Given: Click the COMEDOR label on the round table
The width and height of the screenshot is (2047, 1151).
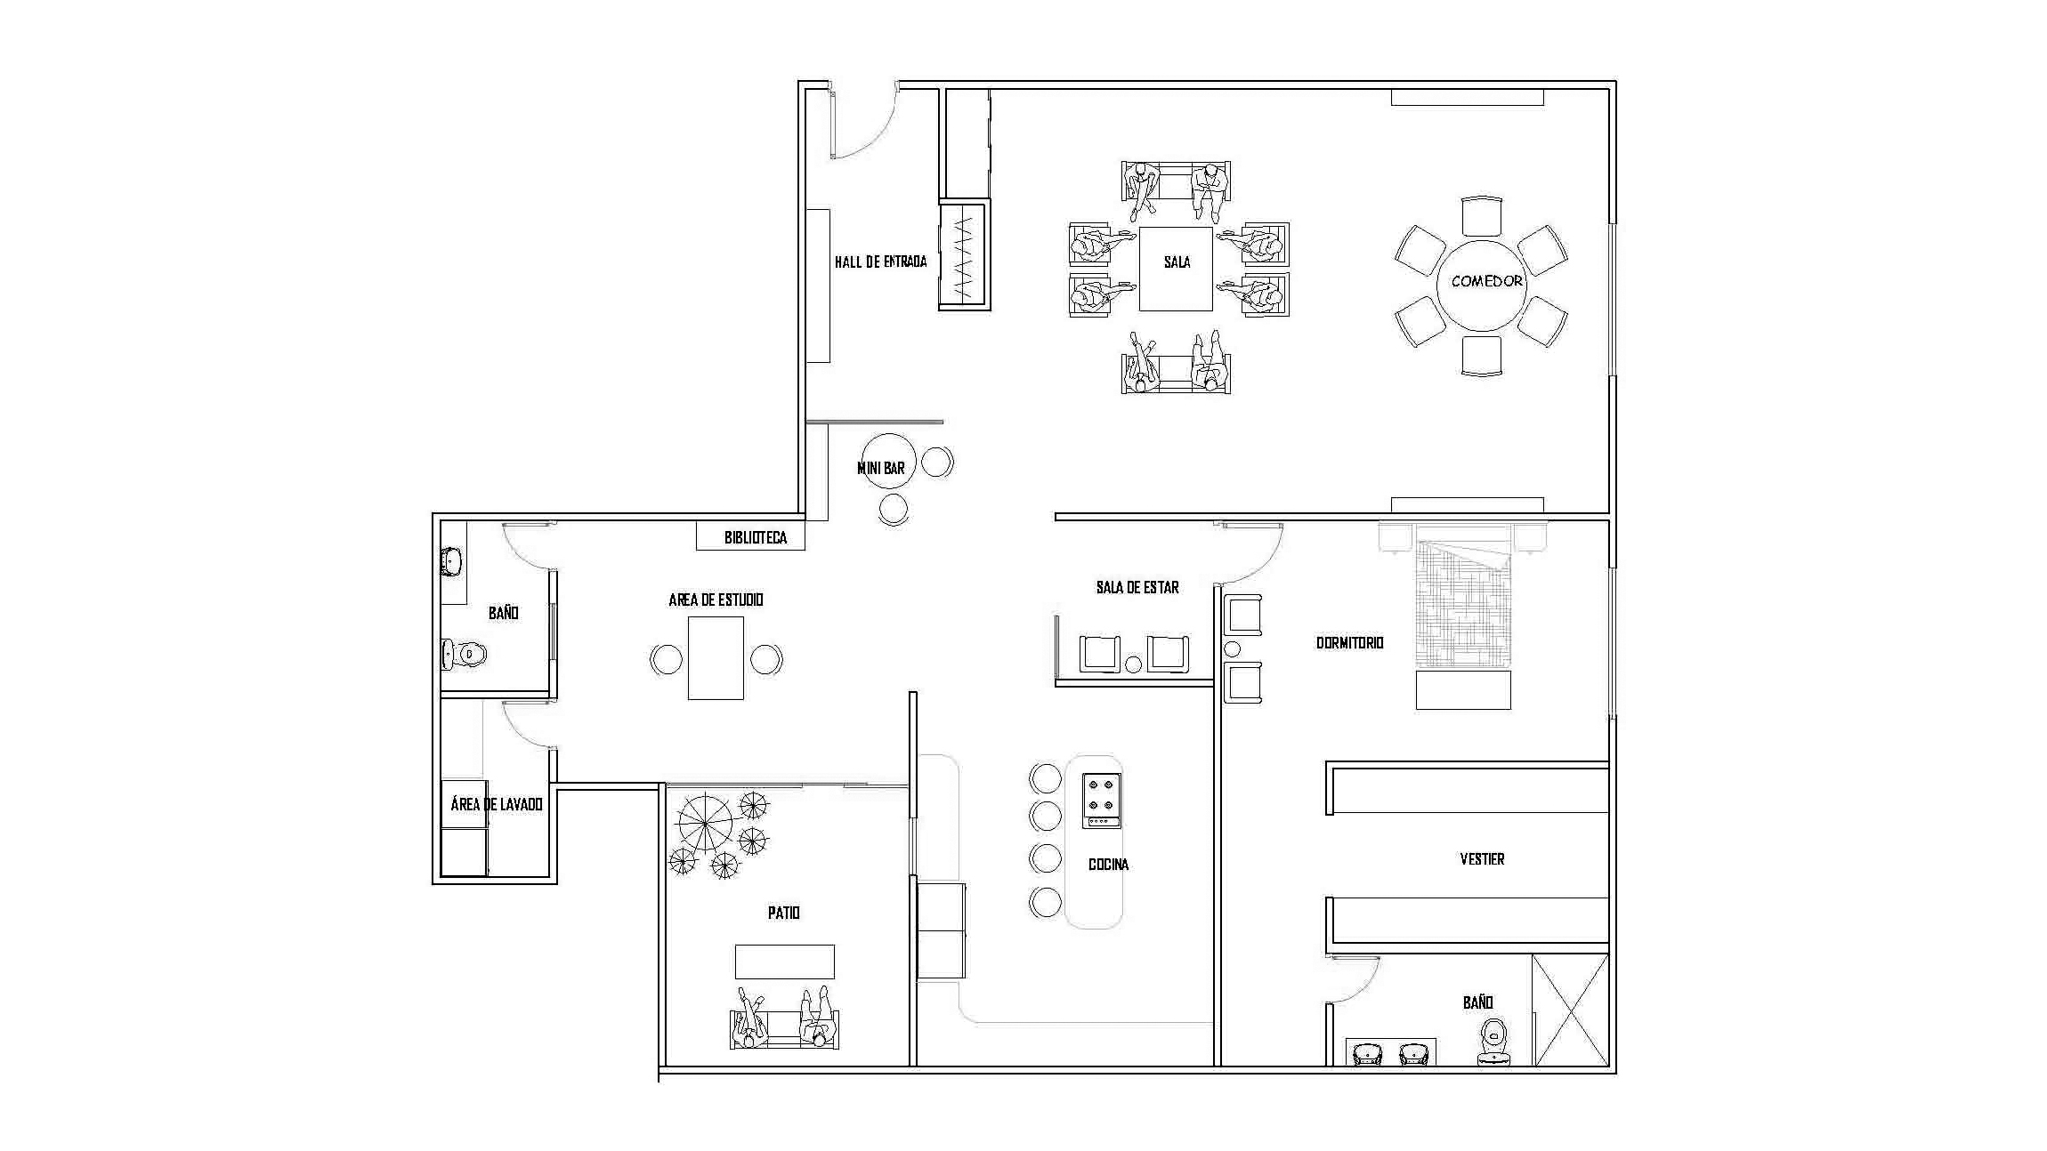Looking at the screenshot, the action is [x=1487, y=281].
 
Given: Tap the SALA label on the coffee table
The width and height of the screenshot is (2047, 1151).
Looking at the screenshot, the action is [x=1177, y=262].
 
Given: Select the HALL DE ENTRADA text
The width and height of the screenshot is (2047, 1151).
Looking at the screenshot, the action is [x=880, y=262].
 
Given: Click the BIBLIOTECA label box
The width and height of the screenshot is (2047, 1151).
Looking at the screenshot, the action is [x=750, y=537].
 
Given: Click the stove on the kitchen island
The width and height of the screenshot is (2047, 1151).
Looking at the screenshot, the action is [x=1101, y=801].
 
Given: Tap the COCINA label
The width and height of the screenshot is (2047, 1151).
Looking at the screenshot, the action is [x=1108, y=864].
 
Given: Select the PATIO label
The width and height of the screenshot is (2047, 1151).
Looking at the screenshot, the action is [x=783, y=913].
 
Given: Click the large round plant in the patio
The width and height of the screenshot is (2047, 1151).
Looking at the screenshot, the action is [x=705, y=824].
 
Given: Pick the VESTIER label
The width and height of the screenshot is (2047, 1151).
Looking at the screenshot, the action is [x=1482, y=858].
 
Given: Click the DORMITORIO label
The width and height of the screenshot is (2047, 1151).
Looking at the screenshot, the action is [x=1349, y=642].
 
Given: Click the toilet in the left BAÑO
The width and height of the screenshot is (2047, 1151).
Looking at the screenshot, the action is [x=464, y=655].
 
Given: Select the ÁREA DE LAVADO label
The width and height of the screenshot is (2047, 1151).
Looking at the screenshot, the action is [x=496, y=804].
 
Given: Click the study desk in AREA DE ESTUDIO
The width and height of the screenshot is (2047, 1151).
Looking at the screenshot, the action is [x=716, y=658].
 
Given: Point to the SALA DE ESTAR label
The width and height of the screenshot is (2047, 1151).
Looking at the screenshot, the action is [x=1137, y=587].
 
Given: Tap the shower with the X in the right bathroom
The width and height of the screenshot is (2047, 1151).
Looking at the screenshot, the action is [x=1570, y=1010].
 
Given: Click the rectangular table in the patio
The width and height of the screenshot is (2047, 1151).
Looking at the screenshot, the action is [x=784, y=962].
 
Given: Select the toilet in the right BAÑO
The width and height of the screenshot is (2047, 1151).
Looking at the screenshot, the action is [x=1493, y=1042].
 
